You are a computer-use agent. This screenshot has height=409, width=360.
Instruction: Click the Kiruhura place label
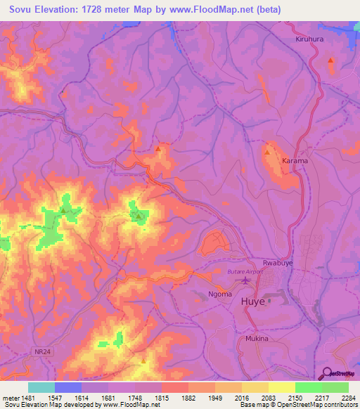click(309, 39)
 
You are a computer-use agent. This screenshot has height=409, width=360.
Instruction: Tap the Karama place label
click(295, 161)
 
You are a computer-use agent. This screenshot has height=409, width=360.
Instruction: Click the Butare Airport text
click(245, 271)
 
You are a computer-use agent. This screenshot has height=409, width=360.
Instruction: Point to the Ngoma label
click(220, 294)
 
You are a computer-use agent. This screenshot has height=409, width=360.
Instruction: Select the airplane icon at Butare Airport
click(245, 281)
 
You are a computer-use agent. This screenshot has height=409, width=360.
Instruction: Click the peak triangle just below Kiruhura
click(330, 60)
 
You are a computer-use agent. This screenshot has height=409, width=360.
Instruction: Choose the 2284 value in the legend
click(347, 398)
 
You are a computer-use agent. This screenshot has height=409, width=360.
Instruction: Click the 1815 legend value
click(161, 398)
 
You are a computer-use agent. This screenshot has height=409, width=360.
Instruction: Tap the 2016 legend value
click(241, 398)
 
